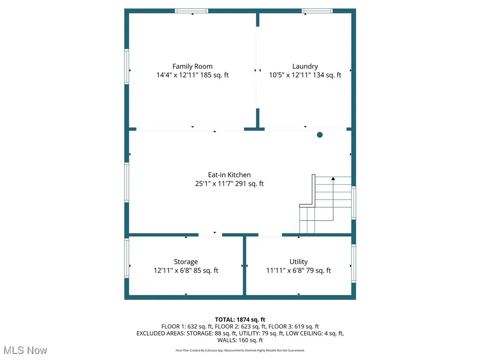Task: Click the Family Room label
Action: click(192, 67)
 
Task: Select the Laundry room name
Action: click(305, 67)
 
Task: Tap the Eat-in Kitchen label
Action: click(229, 175)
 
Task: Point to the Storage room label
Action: click(186, 262)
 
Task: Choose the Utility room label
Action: click(299, 262)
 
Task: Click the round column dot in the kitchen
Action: click(320, 135)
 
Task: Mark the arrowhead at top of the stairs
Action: click(333, 178)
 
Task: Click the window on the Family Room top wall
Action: click(192, 11)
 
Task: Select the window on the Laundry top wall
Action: click(317, 11)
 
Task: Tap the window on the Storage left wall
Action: click(127, 258)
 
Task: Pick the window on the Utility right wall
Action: click(353, 262)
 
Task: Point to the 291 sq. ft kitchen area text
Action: click(250, 184)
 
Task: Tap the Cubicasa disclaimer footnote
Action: click(240, 350)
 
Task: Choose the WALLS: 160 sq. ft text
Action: click(240, 340)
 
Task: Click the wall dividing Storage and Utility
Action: click(244, 265)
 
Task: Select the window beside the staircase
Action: click(353, 202)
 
